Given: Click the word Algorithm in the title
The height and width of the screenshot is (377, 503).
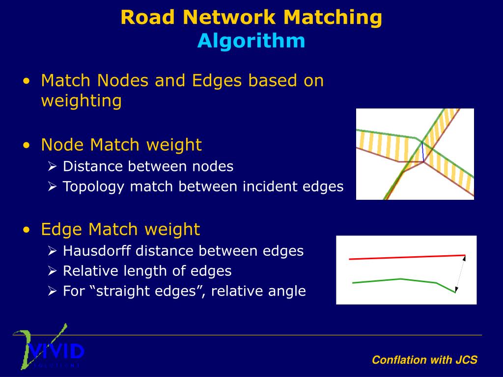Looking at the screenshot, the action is tap(251, 41).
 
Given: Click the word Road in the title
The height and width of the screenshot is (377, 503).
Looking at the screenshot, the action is tap(148, 17).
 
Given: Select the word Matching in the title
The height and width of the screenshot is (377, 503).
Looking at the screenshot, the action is tap(332, 17).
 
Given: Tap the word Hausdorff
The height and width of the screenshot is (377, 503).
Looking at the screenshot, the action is tap(97, 251).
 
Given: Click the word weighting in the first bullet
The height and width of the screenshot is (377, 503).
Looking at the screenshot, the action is tap(81, 101).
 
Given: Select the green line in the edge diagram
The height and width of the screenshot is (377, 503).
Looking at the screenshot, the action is tap(400, 279).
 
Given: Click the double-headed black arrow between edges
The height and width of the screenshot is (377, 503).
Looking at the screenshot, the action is tap(460, 274).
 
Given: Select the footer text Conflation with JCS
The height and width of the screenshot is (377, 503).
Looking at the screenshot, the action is tap(424, 360).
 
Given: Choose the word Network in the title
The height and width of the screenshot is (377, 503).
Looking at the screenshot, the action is tap(229, 17).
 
